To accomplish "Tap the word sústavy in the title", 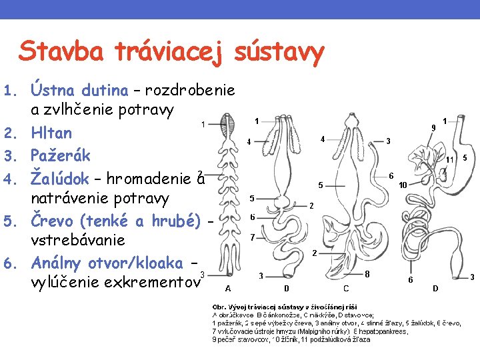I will pyautogui.click(x=280, y=51).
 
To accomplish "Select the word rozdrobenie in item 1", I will pyautogui.click(x=190, y=89).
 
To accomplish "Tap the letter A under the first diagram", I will pyautogui.click(x=228, y=289).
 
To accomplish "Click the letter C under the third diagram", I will pyautogui.click(x=345, y=289).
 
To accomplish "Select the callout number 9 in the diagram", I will pyautogui.click(x=433, y=127).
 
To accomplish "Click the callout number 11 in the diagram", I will pyautogui.click(x=450, y=159).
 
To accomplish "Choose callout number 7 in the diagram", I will pyautogui.click(x=251, y=237).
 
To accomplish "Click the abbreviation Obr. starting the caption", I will pyautogui.click(x=221, y=305).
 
